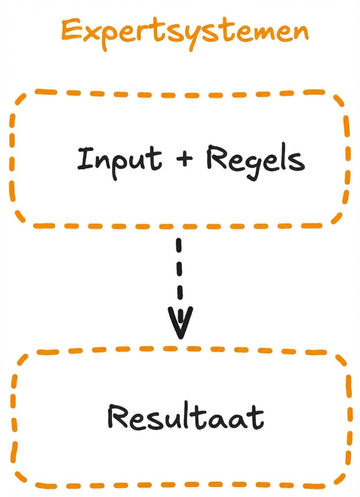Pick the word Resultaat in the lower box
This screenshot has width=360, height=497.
click(185, 417)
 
